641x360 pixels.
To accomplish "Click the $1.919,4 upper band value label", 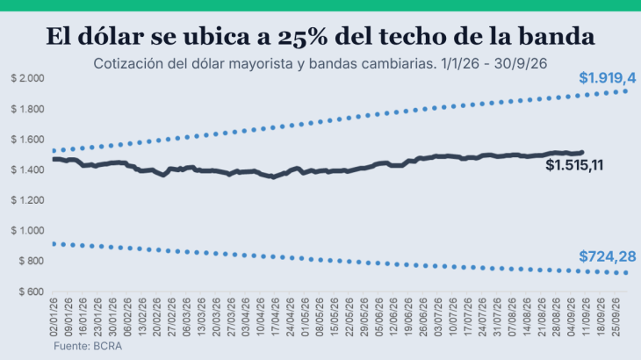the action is click(607, 77).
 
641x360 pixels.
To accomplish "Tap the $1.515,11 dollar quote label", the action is click(574, 165).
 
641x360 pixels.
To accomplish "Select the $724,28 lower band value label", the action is click(607, 256).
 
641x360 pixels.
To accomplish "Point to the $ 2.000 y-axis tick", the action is click(27, 78).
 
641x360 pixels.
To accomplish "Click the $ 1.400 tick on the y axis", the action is click(27, 169).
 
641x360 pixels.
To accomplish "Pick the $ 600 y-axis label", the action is click(31, 292).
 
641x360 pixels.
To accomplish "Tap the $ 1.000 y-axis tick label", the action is click(27, 230).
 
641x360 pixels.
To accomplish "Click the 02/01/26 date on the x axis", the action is click(54, 317).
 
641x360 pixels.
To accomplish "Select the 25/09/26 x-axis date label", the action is click(616, 317).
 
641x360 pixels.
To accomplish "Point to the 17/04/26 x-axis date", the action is click(275, 317).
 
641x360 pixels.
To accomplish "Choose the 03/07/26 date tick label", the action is click(438, 317).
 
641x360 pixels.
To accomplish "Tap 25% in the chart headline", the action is click(303, 36).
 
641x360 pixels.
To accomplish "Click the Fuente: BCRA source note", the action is click(88, 346).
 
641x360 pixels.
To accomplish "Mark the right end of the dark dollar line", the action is click(581, 153).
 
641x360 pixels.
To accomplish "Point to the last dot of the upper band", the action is click(625, 91).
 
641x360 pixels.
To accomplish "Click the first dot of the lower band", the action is click(54, 244).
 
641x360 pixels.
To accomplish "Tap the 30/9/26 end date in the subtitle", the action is click(521, 64).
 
